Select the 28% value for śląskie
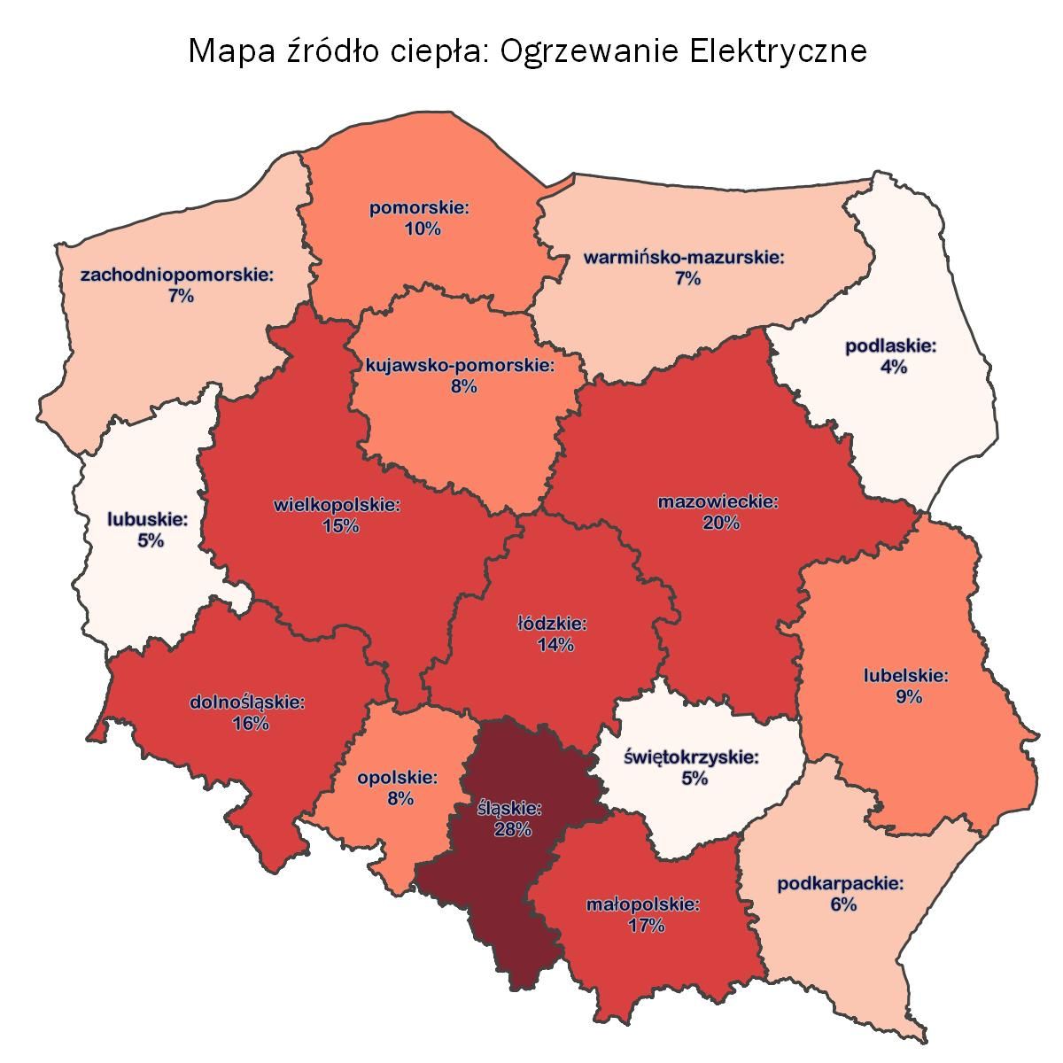(x=512, y=830)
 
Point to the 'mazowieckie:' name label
(x=718, y=502)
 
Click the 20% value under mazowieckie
(x=720, y=524)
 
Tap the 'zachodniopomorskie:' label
(x=177, y=275)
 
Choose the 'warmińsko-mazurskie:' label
(x=685, y=258)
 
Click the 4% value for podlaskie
(x=892, y=367)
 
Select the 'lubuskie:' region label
(x=148, y=519)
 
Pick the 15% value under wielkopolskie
(x=340, y=526)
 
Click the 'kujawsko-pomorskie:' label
(x=461, y=365)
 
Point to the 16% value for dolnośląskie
(x=250, y=724)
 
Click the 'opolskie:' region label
(x=398, y=778)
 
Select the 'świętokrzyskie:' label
(x=692, y=757)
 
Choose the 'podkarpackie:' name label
(x=841, y=883)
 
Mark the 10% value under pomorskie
(x=422, y=229)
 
